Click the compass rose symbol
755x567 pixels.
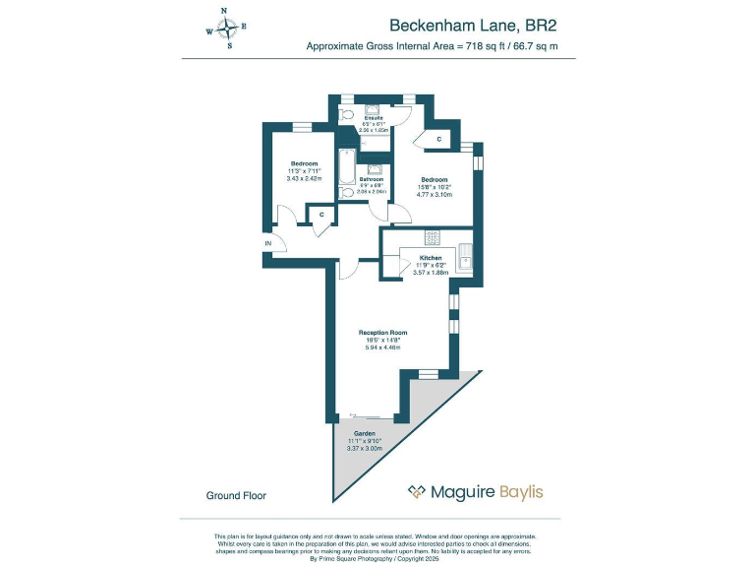[226, 29]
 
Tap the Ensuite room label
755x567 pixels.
[374, 117]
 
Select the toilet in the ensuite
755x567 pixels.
[346, 115]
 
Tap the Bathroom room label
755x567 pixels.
[372, 179]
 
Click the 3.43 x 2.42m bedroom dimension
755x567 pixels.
[304, 178]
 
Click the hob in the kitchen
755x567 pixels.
[432, 237]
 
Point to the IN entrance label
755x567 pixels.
[267, 243]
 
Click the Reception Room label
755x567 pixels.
[383, 333]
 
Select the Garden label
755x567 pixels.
[364, 432]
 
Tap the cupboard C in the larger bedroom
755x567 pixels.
[438, 140]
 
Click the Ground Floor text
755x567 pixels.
[236, 495]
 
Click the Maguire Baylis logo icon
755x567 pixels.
[417, 491]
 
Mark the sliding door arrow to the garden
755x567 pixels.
[355, 414]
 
